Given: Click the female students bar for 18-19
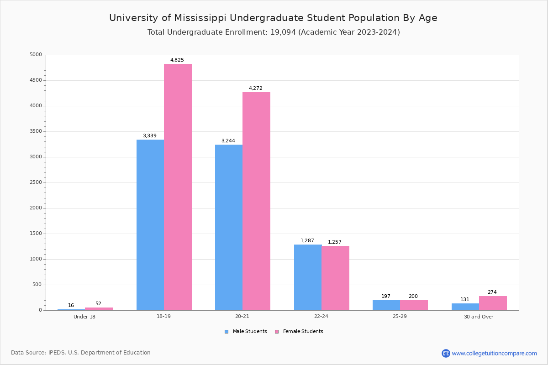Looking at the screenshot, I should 178,187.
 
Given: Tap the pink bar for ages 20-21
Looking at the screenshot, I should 256,201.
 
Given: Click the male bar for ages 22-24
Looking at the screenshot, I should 308,277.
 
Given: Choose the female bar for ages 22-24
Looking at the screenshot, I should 335,278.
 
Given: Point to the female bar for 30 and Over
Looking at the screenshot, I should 493,303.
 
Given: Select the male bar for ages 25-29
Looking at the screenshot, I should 386,305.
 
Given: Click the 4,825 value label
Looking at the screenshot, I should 177,60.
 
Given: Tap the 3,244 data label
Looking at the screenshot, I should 228,141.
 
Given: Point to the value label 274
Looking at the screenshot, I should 492,292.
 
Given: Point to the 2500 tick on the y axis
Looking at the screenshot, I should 36,182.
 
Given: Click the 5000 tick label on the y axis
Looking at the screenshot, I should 36,55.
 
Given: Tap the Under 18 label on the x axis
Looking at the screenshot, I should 84,317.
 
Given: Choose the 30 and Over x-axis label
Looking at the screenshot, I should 479,317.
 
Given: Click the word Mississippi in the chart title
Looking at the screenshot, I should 200,18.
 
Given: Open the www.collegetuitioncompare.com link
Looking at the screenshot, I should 494,353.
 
